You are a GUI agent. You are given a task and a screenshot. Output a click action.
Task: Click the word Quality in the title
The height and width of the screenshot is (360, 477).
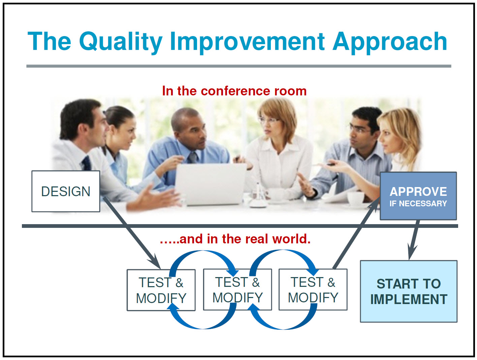[121, 41]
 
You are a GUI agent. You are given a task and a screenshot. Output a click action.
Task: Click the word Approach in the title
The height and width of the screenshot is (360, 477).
[390, 41]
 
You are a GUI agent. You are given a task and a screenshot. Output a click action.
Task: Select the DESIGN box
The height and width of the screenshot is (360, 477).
[66, 191]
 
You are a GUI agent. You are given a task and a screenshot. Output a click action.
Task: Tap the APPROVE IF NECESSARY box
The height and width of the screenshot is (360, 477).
[418, 196]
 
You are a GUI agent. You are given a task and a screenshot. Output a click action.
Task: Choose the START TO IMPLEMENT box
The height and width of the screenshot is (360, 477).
[408, 291]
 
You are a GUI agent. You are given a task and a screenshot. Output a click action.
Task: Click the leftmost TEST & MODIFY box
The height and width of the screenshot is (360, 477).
[161, 290]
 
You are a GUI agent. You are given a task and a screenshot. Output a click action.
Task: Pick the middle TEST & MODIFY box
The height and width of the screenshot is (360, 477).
[237, 290]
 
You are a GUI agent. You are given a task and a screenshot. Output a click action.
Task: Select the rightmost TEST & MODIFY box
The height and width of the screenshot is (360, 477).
[313, 290]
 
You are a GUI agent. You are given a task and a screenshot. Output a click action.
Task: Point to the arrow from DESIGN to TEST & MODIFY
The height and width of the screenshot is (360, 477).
[131, 233]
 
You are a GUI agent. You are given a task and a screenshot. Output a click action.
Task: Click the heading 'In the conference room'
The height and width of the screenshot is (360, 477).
[234, 91]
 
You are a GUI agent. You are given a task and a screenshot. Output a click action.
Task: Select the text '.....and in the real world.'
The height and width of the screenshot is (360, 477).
[235, 239]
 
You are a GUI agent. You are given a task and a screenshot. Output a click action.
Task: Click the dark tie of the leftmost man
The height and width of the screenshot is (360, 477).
[87, 163]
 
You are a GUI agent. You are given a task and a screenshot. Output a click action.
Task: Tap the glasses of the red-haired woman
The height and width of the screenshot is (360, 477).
[268, 120]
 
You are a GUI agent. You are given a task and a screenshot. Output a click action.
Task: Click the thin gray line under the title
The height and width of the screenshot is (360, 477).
[238, 66]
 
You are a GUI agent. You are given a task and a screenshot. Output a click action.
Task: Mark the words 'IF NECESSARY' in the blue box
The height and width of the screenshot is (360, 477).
[418, 204]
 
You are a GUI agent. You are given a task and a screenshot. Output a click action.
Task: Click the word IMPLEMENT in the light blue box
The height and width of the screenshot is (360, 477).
[408, 299]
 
